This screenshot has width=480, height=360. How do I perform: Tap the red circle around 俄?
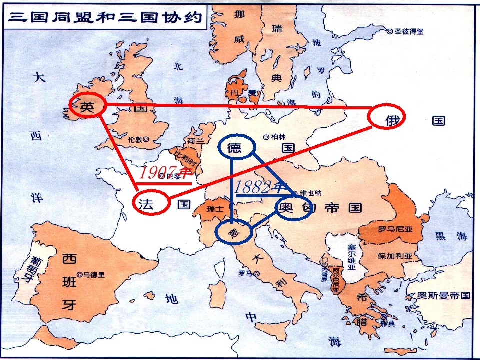(x=386, y=117)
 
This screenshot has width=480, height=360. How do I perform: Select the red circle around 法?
(x=152, y=203)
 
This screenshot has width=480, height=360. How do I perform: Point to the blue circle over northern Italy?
(x=234, y=231)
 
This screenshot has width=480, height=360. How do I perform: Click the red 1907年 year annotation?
(x=165, y=173)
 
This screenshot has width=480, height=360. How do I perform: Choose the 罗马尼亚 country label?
(x=395, y=230)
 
